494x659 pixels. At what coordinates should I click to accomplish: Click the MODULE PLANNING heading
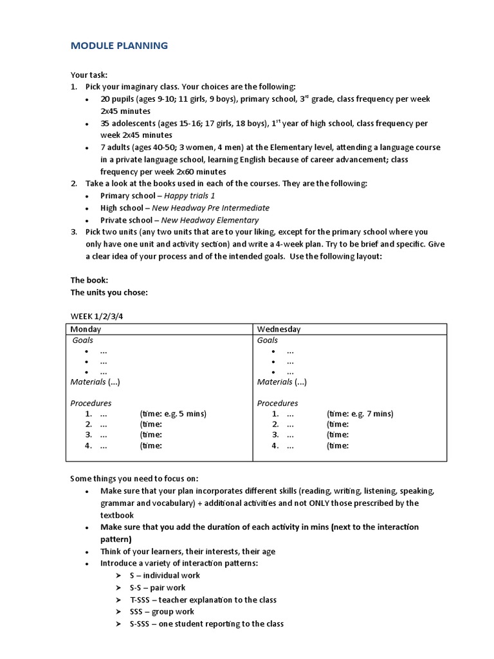(119, 46)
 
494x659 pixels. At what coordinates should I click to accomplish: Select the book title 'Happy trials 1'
(190, 196)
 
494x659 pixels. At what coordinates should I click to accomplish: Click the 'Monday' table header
(86, 329)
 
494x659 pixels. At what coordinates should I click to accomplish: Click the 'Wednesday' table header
(279, 329)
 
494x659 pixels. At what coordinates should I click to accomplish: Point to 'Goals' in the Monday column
(83, 340)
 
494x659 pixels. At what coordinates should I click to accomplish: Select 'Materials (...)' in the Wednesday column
(282, 382)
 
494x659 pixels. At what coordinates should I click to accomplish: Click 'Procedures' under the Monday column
(91, 404)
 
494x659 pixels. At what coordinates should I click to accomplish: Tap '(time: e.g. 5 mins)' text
(172, 414)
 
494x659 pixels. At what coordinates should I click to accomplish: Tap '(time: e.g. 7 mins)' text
(360, 414)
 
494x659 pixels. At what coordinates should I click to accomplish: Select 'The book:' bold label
(89, 280)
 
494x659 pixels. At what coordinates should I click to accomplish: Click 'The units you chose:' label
(109, 292)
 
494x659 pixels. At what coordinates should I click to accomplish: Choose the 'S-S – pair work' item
(157, 588)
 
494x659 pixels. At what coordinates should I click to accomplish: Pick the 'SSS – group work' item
(161, 612)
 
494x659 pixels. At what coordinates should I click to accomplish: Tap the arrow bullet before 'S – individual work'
(118, 575)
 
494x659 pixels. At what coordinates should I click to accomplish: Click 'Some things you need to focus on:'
(134, 479)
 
